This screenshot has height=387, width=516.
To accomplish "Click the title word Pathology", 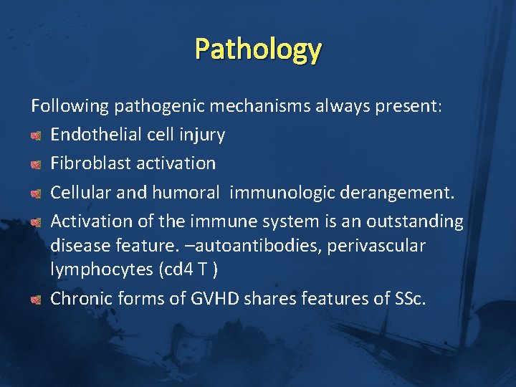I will pyautogui.click(x=258, y=49).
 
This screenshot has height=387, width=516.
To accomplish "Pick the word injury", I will pyautogui.click(x=202, y=135).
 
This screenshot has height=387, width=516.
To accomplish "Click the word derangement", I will pyautogui.click(x=397, y=191).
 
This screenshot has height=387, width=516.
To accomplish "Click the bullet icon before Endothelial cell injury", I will pyautogui.click(x=37, y=135).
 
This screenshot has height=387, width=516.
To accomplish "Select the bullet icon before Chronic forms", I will pyautogui.click(x=37, y=299).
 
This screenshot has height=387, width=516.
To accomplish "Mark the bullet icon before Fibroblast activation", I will pyautogui.click(x=37, y=163).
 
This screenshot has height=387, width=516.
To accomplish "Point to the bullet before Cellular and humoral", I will pyautogui.click(x=37, y=192).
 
